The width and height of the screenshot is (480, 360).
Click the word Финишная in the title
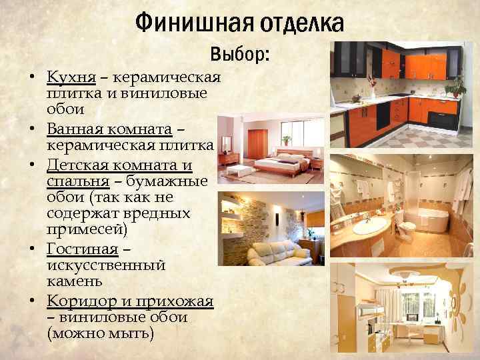pyautogui.click(x=178, y=24)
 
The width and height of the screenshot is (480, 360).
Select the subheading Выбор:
pyautogui.click(x=239, y=55)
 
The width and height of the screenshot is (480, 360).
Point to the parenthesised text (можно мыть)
pyautogui.click(x=100, y=333)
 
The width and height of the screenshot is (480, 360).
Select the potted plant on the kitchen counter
pyautogui.click(x=456, y=86)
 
